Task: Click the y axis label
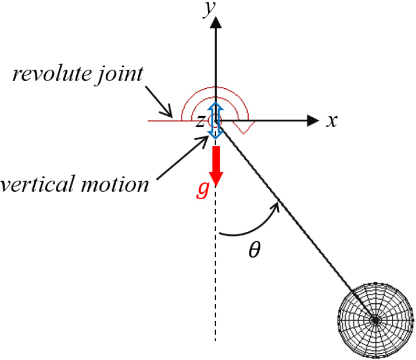pyautogui.click(x=209, y=9)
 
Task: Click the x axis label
pyautogui.click(x=332, y=121)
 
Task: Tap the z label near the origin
pyautogui.click(x=200, y=122)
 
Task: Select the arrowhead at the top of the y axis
pyautogui.click(x=216, y=22)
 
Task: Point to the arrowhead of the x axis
pyautogui.click(x=313, y=121)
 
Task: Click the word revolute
pyautogui.click(x=52, y=74)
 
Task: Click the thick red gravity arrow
pyautogui.click(x=216, y=166)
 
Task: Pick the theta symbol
pyautogui.click(x=255, y=250)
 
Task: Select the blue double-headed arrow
pyautogui.click(x=216, y=121)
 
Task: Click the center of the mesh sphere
pyautogui.click(x=376, y=320)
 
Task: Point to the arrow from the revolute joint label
pyautogui.click(x=159, y=101)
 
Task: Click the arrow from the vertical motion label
pyautogui.click(x=182, y=158)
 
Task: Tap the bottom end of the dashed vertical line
pyautogui.click(x=216, y=341)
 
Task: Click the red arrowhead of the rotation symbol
pyautogui.click(x=244, y=127)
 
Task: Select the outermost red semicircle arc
pyautogui.click(x=215, y=87)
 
